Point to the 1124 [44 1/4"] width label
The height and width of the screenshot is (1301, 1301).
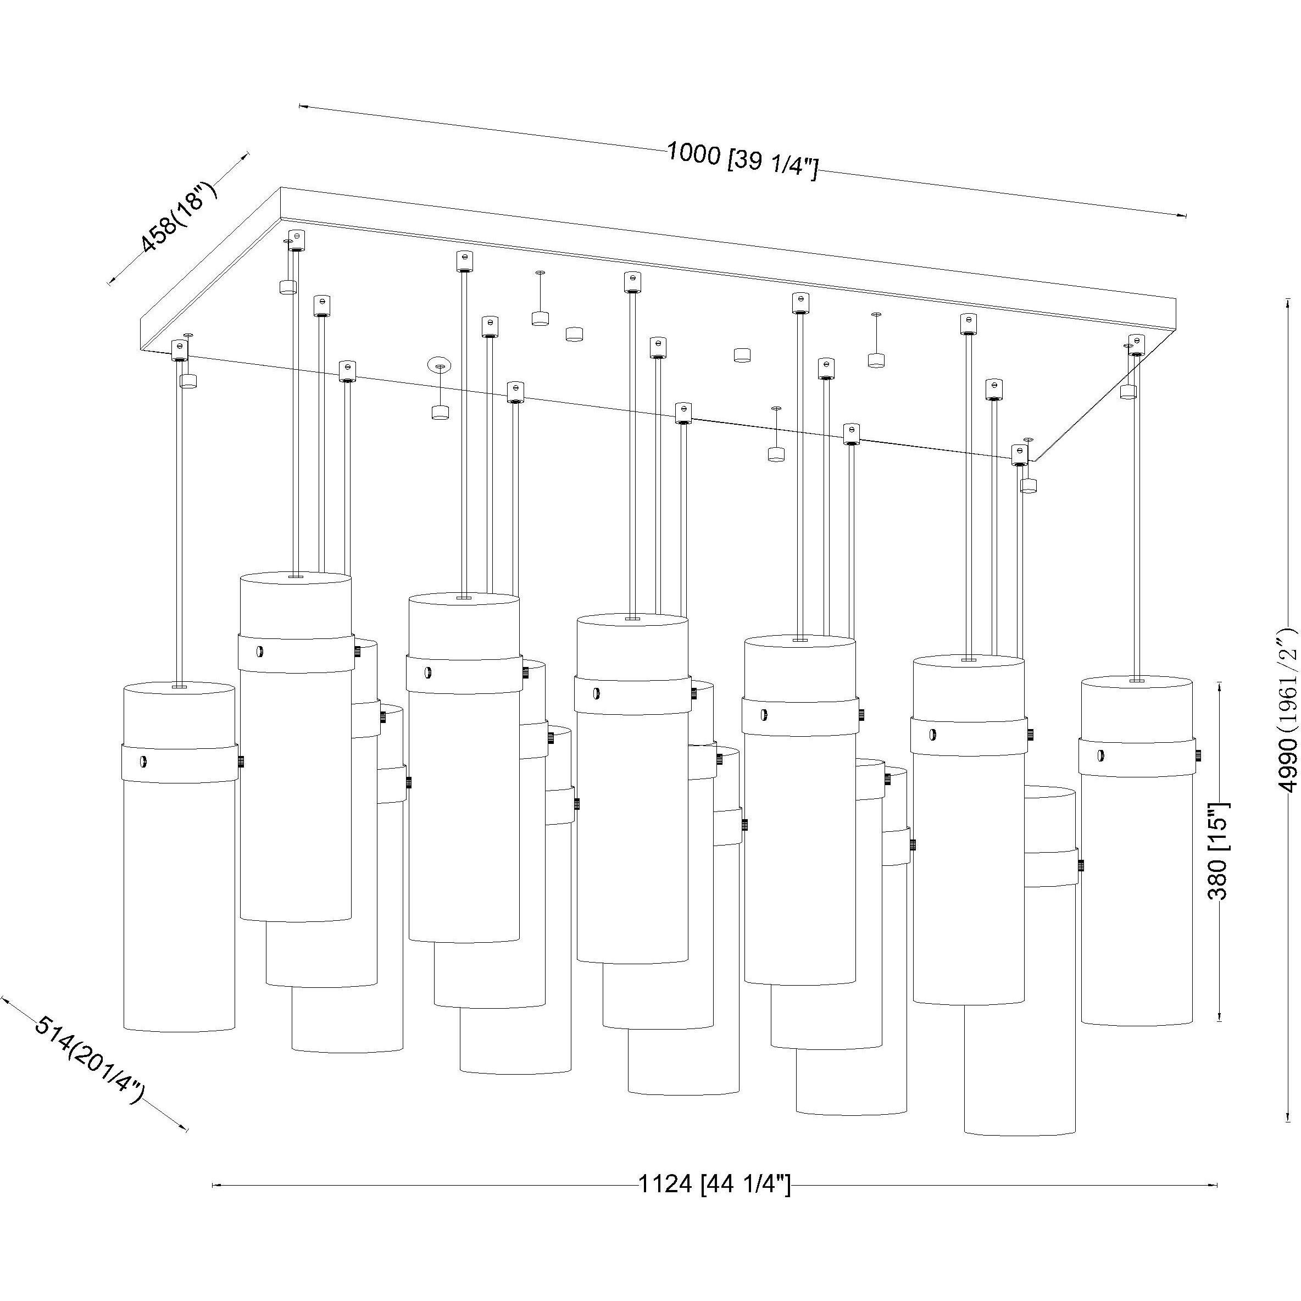[714, 1183]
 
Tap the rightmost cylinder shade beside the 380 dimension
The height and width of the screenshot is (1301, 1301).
[1136, 889]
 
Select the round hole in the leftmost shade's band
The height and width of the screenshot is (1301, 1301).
[142, 761]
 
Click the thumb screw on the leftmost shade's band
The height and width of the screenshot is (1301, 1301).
[241, 762]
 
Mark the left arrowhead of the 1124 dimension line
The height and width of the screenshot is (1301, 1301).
[215, 1185]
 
